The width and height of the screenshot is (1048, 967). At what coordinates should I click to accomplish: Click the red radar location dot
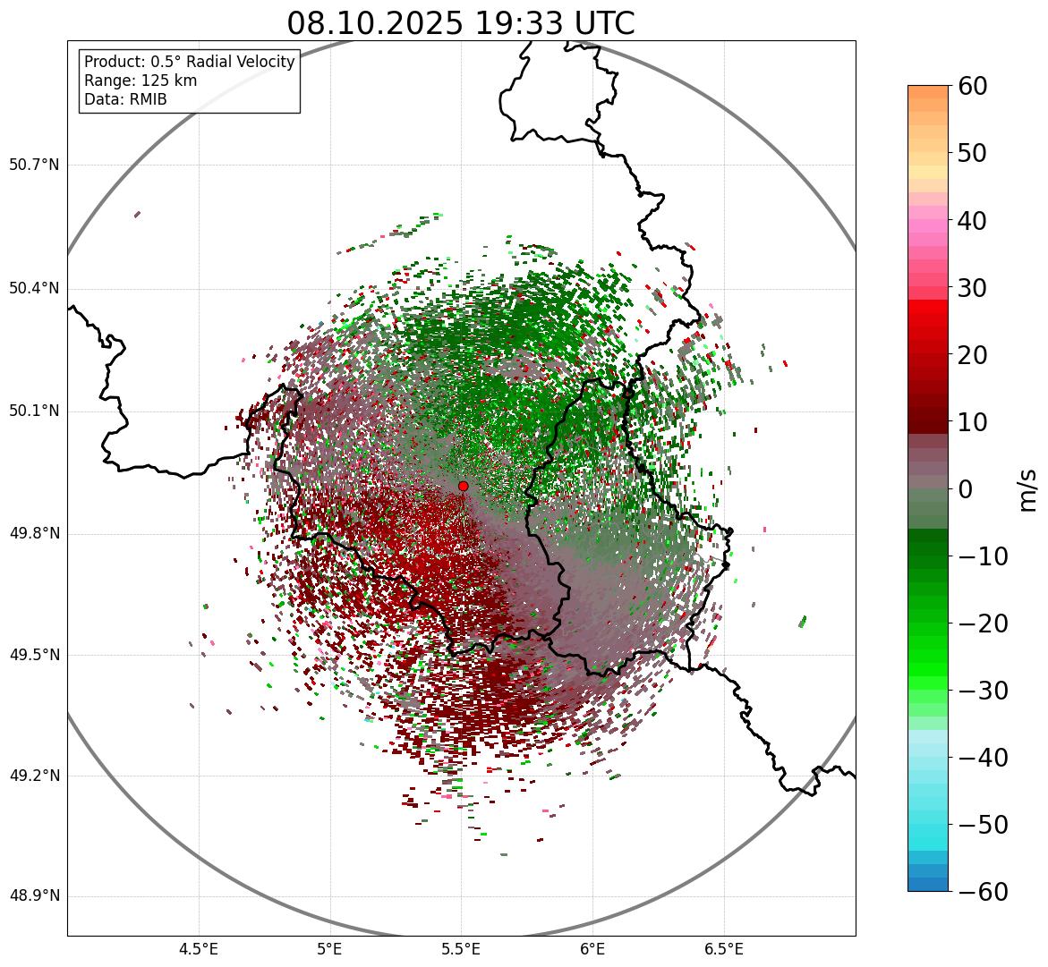click(463, 486)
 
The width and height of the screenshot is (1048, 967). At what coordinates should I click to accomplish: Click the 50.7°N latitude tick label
click(34, 165)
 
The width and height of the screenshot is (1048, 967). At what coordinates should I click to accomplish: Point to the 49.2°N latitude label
click(34, 776)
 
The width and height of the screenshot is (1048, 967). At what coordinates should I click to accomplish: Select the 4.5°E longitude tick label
click(199, 949)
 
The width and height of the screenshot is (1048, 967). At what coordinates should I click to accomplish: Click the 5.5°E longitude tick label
click(461, 949)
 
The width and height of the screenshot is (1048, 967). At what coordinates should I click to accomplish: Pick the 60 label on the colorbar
click(973, 86)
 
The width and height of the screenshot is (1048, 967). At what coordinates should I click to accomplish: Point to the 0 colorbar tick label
click(966, 489)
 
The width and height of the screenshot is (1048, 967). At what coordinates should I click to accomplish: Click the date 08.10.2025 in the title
click(375, 24)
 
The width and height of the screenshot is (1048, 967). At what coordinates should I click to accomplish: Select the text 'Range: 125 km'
click(141, 81)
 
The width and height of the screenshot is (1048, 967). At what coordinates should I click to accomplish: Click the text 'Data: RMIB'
click(125, 99)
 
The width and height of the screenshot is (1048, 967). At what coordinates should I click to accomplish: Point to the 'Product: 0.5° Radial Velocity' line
click(189, 62)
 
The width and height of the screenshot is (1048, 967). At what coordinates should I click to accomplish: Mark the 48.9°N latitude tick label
click(34, 896)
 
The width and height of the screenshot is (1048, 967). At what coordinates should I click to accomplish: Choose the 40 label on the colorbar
click(973, 220)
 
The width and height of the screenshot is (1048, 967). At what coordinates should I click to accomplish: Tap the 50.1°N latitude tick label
click(34, 411)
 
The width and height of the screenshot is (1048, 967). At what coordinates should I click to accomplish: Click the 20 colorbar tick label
click(973, 355)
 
